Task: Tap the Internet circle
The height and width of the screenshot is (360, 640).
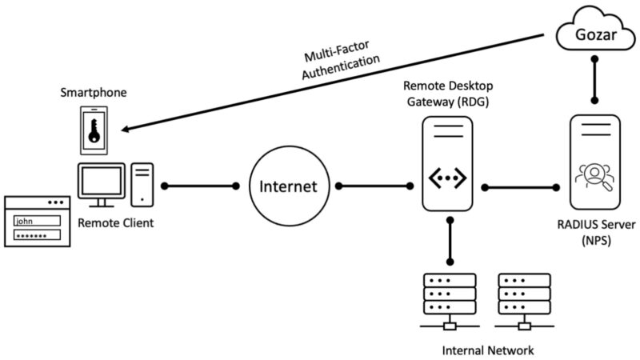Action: (x=288, y=186)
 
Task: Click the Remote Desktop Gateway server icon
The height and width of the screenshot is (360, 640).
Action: (x=448, y=164)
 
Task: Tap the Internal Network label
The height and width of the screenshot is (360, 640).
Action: (x=487, y=350)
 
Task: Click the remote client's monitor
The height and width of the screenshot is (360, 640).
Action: (x=101, y=183)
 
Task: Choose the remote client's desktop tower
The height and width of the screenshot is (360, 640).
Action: (x=142, y=183)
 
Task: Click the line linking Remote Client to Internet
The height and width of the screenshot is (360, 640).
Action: (x=200, y=186)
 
